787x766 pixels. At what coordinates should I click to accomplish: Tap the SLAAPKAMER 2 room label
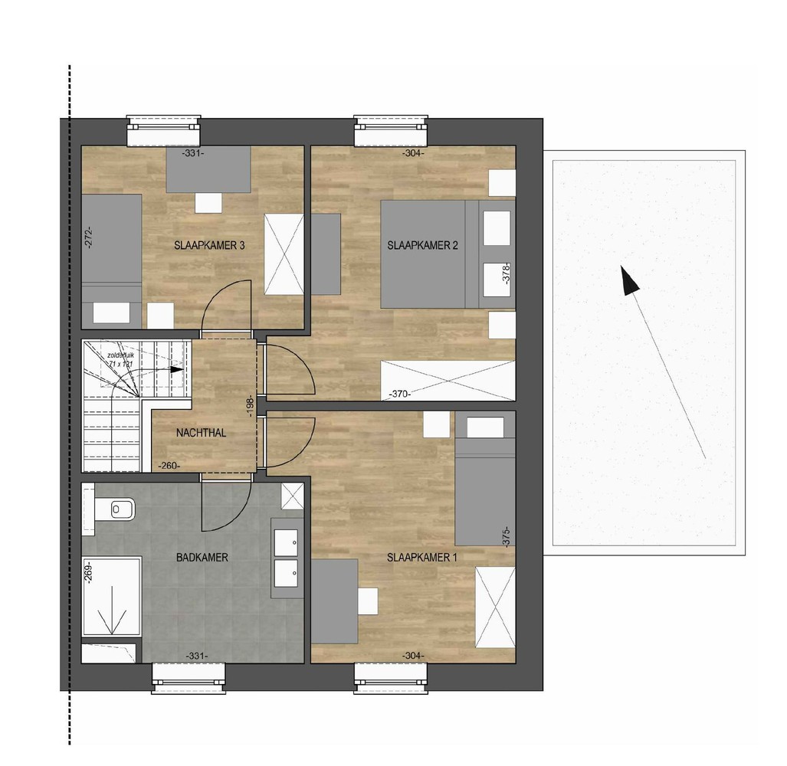[423, 246]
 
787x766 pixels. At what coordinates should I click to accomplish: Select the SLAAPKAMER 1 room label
[422, 558]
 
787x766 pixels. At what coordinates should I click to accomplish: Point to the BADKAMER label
[202, 558]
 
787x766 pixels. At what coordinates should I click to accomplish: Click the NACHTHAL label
[201, 433]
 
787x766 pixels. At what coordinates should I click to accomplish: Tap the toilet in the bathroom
[116, 508]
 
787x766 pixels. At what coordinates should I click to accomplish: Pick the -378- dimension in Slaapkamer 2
[506, 274]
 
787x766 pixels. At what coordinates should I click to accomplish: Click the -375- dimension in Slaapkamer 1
[506, 536]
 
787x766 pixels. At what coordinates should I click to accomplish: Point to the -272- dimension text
[88, 236]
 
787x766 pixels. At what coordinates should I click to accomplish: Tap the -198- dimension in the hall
[251, 406]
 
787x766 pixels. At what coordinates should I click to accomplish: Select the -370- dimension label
[399, 394]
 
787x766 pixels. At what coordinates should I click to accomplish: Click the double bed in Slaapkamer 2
[429, 254]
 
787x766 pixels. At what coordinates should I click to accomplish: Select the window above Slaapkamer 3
[164, 131]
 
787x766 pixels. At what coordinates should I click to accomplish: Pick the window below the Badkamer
[189, 678]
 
